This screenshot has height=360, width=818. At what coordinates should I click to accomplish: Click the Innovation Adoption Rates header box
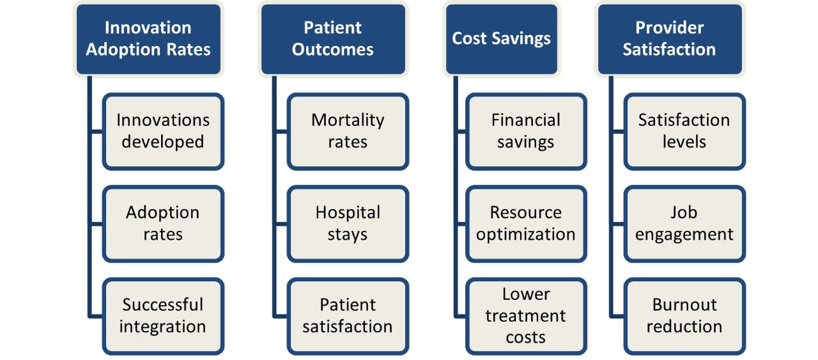pyautogui.click(x=148, y=39)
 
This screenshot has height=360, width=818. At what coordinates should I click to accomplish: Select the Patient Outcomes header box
pyautogui.click(x=333, y=39)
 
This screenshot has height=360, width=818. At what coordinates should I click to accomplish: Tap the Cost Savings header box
pyautogui.click(x=502, y=39)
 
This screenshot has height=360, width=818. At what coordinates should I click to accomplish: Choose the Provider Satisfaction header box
pyautogui.click(x=670, y=39)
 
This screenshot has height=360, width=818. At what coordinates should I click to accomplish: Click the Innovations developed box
pyautogui.click(x=163, y=132)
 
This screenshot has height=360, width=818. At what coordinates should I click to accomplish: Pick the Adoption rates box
pyautogui.click(x=163, y=224)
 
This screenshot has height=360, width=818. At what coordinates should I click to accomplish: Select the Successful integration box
pyautogui.click(x=163, y=316)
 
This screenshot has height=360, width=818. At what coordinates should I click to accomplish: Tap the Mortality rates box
pyautogui.click(x=348, y=132)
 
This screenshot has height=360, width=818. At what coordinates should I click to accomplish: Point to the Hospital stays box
pyautogui.click(x=348, y=224)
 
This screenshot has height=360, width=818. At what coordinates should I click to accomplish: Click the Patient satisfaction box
pyautogui.click(x=348, y=316)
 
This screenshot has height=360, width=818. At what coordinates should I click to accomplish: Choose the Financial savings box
pyautogui.click(x=526, y=132)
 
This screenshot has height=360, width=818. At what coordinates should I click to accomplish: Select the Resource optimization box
pyautogui.click(x=526, y=224)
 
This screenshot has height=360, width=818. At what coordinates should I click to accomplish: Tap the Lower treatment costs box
pyautogui.click(x=526, y=316)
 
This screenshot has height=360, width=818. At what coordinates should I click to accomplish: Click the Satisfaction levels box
pyautogui.click(x=684, y=132)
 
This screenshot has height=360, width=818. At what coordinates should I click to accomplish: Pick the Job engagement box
pyautogui.click(x=684, y=224)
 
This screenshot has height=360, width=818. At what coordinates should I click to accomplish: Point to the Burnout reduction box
pyautogui.click(x=684, y=316)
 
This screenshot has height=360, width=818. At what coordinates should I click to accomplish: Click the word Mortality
pyautogui.click(x=348, y=121)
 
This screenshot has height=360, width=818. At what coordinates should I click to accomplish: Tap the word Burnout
pyautogui.click(x=684, y=305)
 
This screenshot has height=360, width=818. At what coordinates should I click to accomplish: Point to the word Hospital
pyautogui.click(x=348, y=213)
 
